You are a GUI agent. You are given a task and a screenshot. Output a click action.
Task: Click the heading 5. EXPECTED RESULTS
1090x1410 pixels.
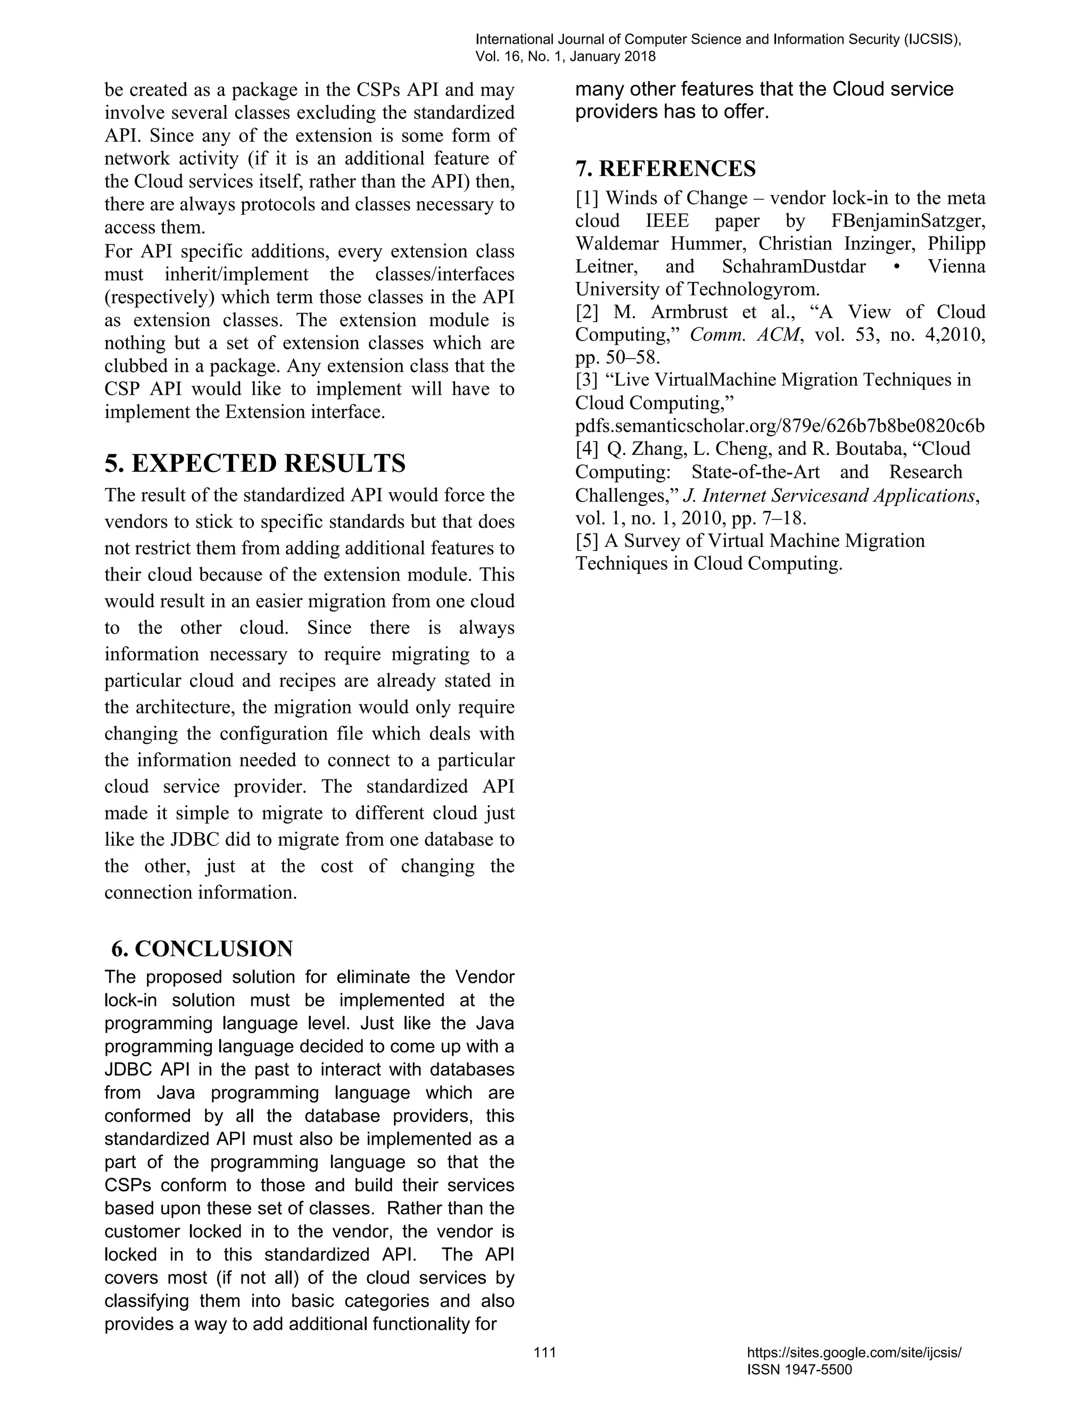(255, 463)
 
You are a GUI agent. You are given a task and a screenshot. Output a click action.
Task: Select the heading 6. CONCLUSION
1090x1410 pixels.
(202, 948)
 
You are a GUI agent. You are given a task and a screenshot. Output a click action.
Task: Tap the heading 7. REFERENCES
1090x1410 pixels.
(665, 169)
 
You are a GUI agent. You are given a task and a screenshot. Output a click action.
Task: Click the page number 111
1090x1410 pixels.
(545, 1353)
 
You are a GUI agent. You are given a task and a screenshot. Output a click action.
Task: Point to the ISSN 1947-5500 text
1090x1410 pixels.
(799, 1370)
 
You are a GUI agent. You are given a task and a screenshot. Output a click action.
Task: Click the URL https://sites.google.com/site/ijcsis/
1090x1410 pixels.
(854, 1353)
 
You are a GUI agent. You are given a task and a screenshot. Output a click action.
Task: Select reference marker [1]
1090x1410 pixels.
(587, 198)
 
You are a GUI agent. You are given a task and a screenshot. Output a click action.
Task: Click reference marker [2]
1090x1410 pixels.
(587, 312)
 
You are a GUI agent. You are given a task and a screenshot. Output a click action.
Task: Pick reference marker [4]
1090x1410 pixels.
(587, 449)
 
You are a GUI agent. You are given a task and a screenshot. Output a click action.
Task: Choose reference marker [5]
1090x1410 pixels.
(587, 541)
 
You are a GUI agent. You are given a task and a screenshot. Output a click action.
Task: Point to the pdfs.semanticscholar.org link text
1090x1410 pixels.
(780, 426)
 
